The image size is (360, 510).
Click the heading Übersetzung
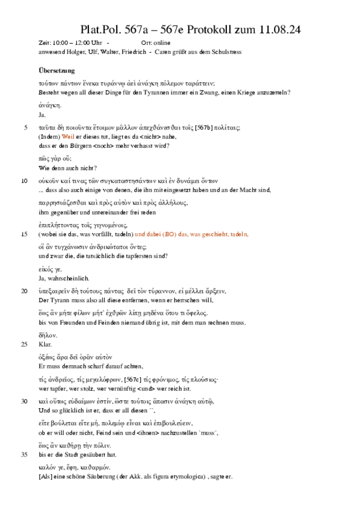click(x=56, y=71)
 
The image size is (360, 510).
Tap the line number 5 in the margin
click(x=25, y=128)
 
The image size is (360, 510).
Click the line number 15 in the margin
click(x=24, y=234)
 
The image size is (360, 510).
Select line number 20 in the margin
click(x=24, y=291)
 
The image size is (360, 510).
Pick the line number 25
click(x=24, y=344)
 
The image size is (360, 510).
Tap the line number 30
click(x=24, y=401)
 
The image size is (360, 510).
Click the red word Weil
click(x=68, y=137)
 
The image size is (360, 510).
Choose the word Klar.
click(x=45, y=344)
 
